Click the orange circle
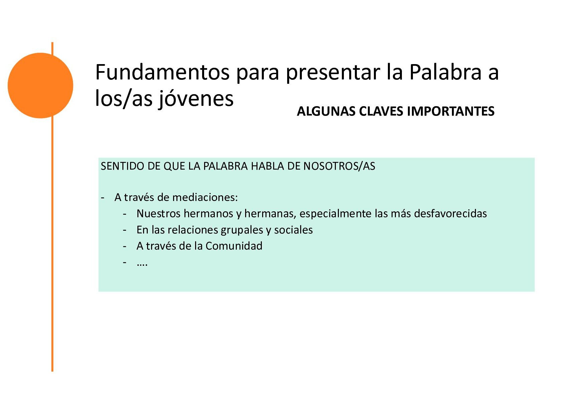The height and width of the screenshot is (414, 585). coord(40,85)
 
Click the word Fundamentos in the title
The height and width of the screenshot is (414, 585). coord(162,72)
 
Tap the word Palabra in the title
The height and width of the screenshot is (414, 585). coord(445,72)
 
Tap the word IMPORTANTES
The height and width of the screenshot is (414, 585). coord(451,112)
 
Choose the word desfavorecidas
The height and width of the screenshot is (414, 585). coord(450,214)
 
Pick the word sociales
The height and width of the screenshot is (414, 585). coord(294,230)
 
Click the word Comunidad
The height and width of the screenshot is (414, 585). coord(234,246)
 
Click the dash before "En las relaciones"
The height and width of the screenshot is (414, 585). coord(124,230)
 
